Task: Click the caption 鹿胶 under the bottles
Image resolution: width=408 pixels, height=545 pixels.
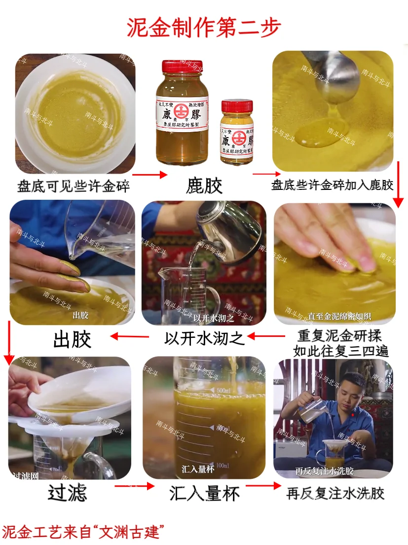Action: pos(204,185)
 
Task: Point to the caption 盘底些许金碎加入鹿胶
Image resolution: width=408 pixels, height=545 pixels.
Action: pos(332,185)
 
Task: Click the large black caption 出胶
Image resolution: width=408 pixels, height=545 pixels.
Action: pos(73,340)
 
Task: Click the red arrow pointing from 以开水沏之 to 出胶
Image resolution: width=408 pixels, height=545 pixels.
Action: pos(130,337)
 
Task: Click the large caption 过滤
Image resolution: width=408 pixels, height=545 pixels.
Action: pos(68,493)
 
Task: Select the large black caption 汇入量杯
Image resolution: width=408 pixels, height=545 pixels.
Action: pos(204,493)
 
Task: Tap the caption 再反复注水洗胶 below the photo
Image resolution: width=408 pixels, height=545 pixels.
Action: pos(335,493)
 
